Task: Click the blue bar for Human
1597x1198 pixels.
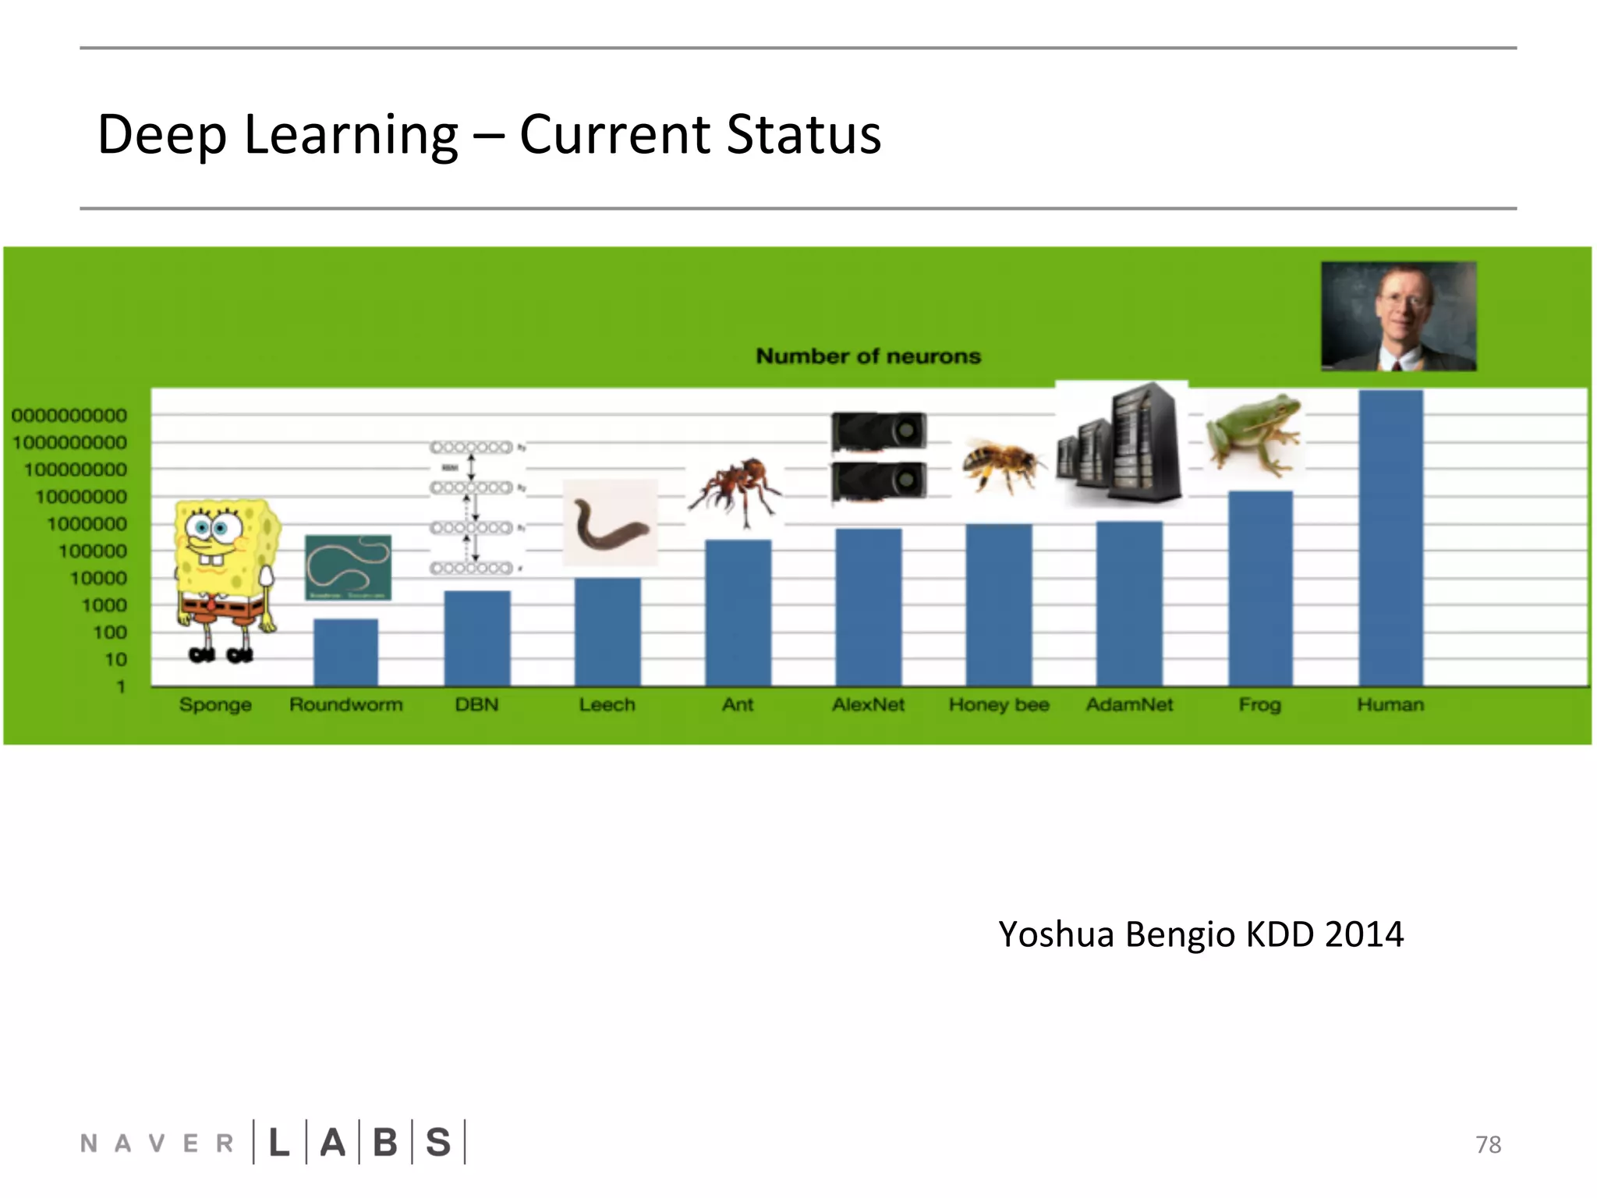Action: (1390, 538)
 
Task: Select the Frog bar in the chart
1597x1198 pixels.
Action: (1260, 589)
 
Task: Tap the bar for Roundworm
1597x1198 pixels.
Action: (345, 653)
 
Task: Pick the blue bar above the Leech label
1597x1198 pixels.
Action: (607, 632)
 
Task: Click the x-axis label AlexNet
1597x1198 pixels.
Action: (868, 705)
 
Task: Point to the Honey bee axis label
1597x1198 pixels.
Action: (999, 705)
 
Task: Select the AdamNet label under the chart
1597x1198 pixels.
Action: (1129, 705)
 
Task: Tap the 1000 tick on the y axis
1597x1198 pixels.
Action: (104, 605)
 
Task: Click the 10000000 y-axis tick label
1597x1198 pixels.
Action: (81, 497)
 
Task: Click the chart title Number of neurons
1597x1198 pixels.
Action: (868, 356)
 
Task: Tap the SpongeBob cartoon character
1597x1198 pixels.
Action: (225, 577)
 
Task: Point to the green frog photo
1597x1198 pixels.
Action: (1253, 434)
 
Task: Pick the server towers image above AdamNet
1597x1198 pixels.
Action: (1121, 445)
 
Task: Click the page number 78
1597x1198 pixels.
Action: (1488, 1144)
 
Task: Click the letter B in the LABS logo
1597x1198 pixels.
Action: (385, 1143)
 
